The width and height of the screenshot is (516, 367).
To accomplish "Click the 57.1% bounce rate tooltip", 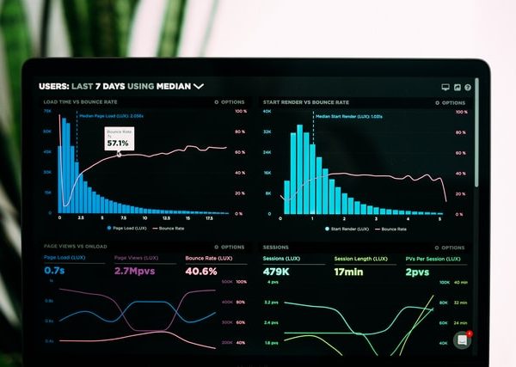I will pos(117,139).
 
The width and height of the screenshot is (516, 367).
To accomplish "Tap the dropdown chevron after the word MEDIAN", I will pos(199,86).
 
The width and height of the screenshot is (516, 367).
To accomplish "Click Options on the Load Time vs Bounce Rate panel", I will pos(230,101).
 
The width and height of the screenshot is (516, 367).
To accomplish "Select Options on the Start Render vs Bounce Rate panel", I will pos(450,101).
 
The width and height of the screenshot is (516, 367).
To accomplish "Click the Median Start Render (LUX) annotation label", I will pos(348,115).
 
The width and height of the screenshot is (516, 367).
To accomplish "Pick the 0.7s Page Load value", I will pos(54,271).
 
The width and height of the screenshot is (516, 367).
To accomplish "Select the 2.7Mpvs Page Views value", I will pos(133,271).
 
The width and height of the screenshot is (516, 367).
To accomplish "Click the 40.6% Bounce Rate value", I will pos(201,271).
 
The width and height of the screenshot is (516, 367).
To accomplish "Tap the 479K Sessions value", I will pos(277,272).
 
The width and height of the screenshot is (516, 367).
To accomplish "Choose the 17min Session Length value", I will pos(349,272).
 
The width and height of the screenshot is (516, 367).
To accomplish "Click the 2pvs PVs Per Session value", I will pos(417,272).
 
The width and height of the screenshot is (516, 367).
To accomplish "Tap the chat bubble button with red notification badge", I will pos(463,339).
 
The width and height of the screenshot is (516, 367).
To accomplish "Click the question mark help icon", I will pos(468,87).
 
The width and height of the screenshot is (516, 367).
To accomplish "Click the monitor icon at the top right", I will pos(445,87).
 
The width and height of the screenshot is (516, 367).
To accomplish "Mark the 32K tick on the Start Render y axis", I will pos(267,132).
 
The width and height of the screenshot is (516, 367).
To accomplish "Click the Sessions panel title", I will pos(276,247).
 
